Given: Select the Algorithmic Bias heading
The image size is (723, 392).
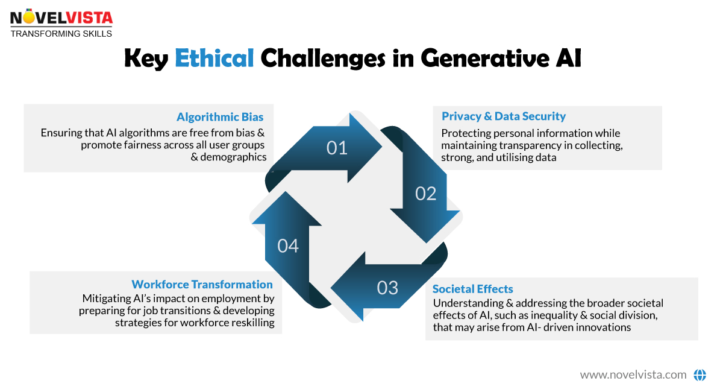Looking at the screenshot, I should (x=220, y=117).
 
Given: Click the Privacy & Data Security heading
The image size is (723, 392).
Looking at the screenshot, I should (x=504, y=116).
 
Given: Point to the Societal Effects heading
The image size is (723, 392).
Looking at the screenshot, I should (x=473, y=289).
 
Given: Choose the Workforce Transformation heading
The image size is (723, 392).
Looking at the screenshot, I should (x=202, y=285).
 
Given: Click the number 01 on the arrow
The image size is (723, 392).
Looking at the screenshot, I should (x=337, y=148).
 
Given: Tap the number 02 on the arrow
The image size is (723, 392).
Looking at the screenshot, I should (x=425, y=194).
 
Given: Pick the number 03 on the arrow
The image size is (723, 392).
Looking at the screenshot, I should (x=387, y=288).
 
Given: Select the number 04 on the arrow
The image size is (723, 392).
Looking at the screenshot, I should (x=288, y=246).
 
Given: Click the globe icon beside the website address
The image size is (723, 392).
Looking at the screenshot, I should (x=700, y=375).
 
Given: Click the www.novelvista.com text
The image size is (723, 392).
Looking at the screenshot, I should (x=633, y=375).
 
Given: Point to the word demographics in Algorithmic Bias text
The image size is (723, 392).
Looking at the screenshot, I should (x=237, y=157).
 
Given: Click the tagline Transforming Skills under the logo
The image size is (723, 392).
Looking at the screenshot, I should (x=61, y=34).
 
